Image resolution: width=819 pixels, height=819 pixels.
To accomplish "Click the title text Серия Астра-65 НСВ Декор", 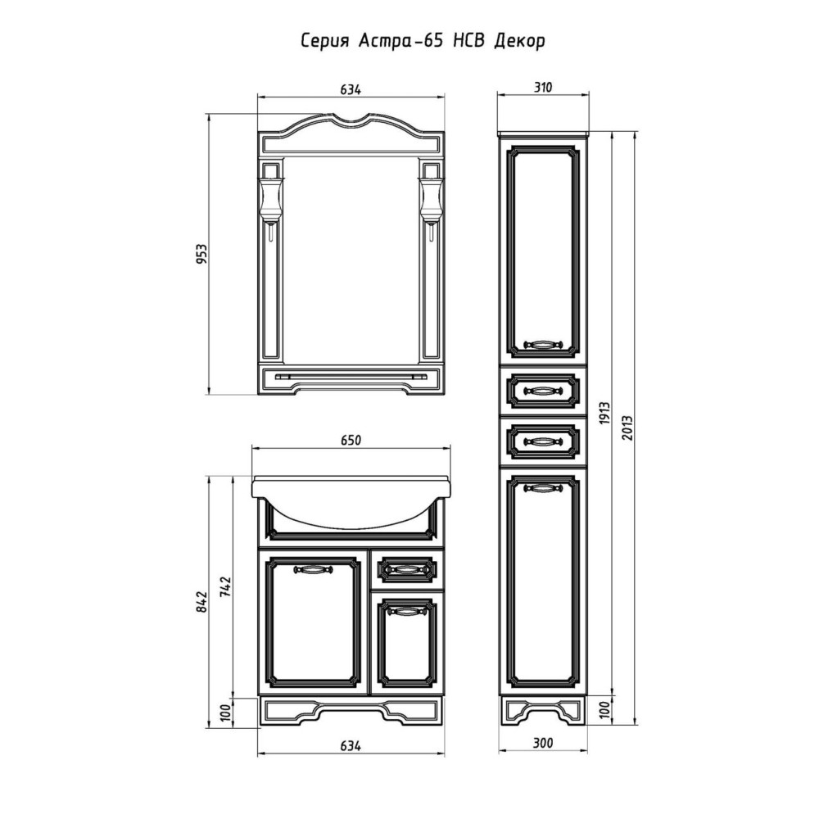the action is [423, 42].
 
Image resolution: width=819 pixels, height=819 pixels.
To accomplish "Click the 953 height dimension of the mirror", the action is [202, 254].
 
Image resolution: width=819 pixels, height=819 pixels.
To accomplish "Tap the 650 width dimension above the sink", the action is [351, 441].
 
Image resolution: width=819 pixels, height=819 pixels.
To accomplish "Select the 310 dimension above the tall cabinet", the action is [543, 88].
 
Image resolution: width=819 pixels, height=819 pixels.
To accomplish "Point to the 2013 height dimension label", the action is [628, 428].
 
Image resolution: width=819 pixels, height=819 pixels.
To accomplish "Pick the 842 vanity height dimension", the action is [202, 602].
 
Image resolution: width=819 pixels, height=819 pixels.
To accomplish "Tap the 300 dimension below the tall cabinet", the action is [543, 743].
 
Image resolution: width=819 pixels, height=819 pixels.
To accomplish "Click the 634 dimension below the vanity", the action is [351, 745].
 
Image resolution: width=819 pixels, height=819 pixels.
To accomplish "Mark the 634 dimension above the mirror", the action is [351, 90].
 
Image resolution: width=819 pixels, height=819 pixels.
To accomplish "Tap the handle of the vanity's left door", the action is [312, 569].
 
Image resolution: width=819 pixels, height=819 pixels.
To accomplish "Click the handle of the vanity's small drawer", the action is [407, 569].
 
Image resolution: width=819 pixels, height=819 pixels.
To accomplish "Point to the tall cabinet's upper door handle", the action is [544, 344].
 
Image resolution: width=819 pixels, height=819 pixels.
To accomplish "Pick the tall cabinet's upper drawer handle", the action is [544, 390].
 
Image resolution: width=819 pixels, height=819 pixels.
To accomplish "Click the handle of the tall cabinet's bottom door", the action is [544, 488].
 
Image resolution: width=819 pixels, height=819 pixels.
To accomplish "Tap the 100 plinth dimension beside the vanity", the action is [225, 713].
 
